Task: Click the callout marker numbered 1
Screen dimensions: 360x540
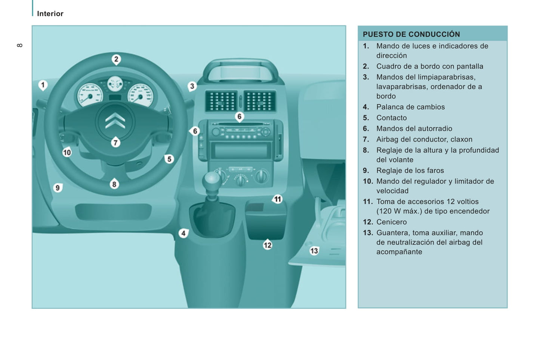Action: [x=43, y=85]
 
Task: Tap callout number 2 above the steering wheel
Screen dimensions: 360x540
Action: [x=116, y=59]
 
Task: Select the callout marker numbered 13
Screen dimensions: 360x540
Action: [x=314, y=251]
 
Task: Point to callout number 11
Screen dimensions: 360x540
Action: [x=277, y=199]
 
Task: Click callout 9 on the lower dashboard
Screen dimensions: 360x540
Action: [x=58, y=187]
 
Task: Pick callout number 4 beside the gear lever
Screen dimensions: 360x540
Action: [x=183, y=233]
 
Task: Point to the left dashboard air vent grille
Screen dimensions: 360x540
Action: [x=221, y=101]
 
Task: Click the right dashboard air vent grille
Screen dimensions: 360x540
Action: [x=260, y=101]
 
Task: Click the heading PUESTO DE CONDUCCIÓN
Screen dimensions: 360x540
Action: [x=411, y=34]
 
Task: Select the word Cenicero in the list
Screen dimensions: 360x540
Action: [x=391, y=222]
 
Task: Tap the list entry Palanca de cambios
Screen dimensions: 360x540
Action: [x=410, y=107]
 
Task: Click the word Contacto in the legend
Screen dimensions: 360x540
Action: [x=391, y=118]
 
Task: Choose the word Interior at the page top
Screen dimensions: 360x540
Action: [x=50, y=14]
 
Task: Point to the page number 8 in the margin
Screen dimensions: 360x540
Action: [x=20, y=45]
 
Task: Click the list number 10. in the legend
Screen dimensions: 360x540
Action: [x=368, y=181]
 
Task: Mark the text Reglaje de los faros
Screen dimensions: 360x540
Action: [x=410, y=170]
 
